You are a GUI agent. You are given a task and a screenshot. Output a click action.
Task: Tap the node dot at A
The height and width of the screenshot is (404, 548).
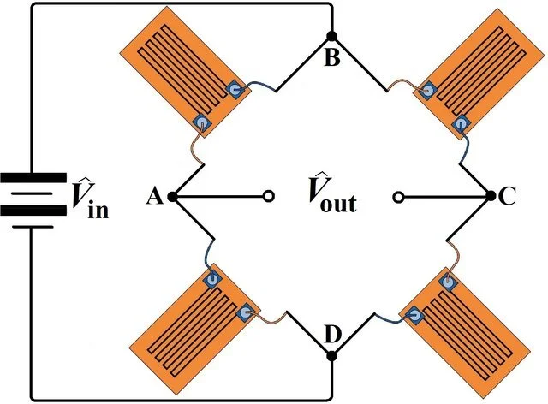pos(172,197)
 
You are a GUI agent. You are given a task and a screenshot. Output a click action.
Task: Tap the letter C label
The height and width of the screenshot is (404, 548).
pos(508,198)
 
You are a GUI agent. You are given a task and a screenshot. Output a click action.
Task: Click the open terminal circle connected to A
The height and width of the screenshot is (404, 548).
pos(268,197)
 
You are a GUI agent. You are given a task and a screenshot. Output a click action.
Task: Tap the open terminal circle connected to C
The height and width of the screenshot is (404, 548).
pos(396,197)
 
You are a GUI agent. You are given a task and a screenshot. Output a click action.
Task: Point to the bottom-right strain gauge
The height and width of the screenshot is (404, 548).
pos(469,321)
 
